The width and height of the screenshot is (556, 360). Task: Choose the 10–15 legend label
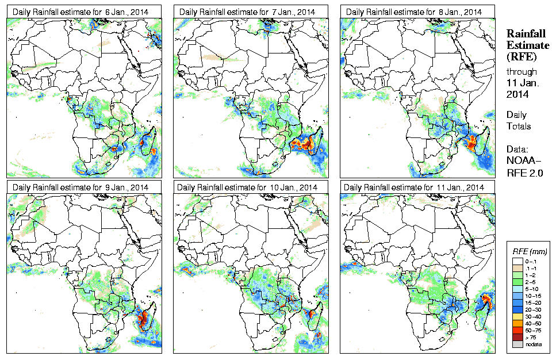(532, 294)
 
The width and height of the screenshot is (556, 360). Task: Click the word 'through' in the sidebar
(521, 72)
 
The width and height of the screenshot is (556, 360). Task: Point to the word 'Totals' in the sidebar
(519, 126)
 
